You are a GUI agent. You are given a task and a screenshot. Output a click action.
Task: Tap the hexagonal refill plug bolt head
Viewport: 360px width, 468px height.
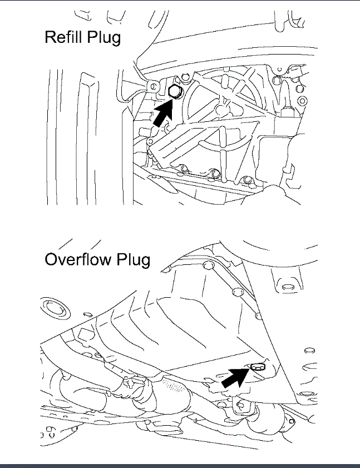tap(174, 92)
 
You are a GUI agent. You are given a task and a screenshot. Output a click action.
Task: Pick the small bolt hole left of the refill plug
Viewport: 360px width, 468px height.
tap(151, 85)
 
